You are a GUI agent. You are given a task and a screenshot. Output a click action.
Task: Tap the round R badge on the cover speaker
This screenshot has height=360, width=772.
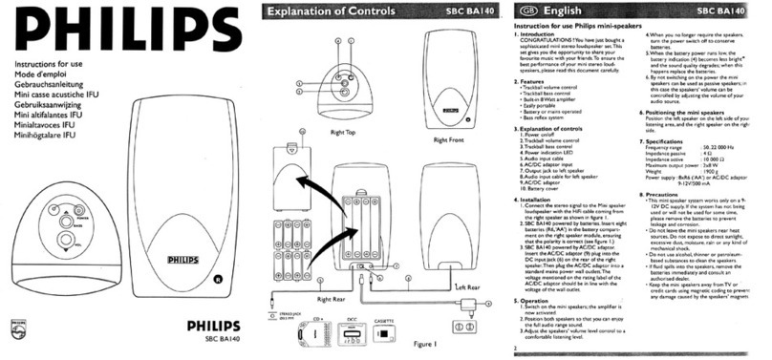coord(219,279)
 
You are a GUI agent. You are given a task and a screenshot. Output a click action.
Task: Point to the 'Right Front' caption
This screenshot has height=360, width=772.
coord(447,139)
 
